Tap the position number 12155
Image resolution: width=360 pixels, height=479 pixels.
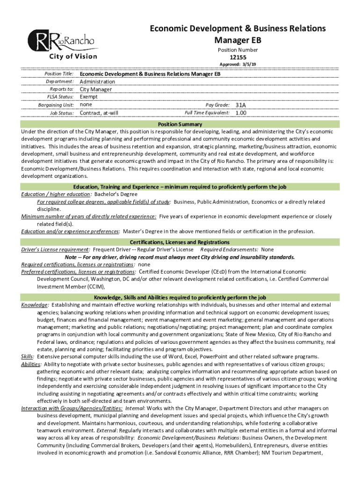point(238,58)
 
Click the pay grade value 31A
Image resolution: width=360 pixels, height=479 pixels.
point(241,105)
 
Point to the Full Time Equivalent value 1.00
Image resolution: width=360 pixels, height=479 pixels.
point(241,113)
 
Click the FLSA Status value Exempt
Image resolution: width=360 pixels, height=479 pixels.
point(88,97)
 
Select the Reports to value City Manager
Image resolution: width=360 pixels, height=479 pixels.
point(96,89)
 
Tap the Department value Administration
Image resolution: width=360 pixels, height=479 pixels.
point(97,82)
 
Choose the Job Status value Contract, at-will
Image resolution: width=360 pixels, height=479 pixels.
point(99,113)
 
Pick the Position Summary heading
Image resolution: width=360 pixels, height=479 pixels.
point(180,124)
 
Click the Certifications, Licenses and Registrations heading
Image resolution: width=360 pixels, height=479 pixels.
point(180,242)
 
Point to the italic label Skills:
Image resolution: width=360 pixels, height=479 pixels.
point(28,356)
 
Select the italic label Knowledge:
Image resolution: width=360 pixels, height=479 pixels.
point(35,305)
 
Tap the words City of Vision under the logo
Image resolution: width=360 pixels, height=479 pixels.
point(73,57)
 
